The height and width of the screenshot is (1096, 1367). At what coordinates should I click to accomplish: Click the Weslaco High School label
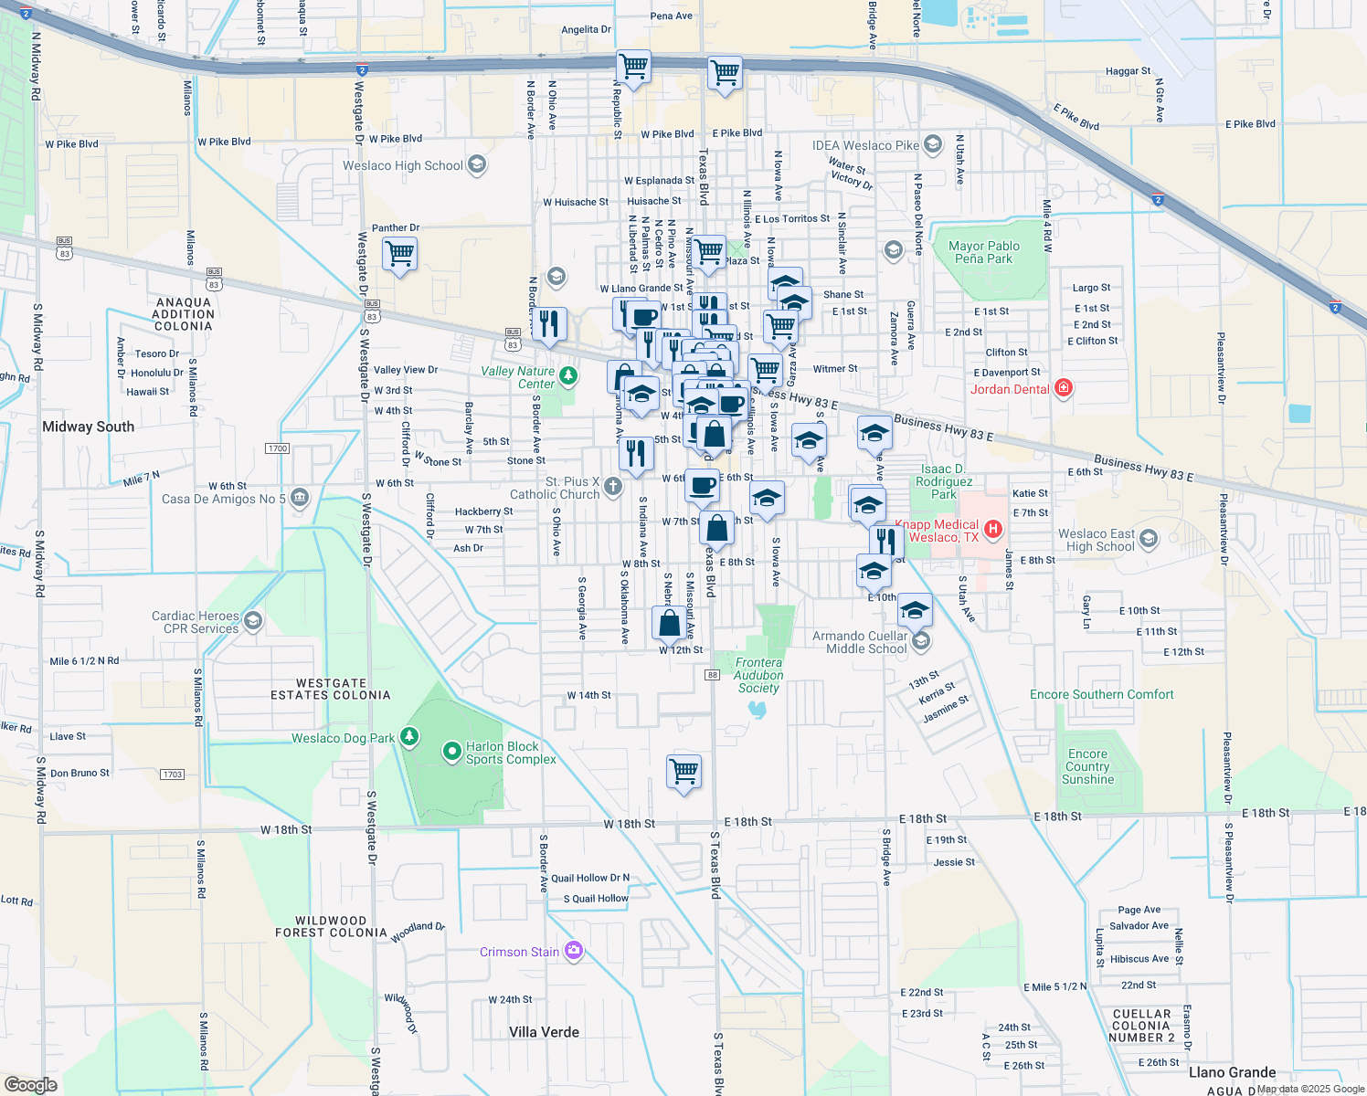(403, 165)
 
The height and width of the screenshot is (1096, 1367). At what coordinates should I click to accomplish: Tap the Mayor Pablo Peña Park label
(983, 252)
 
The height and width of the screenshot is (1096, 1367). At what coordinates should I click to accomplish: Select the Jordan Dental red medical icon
(1063, 388)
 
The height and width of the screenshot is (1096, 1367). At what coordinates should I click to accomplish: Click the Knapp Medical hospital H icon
(994, 529)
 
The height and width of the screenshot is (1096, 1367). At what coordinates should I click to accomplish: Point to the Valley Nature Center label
(518, 377)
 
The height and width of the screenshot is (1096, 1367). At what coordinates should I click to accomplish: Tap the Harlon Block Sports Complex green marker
(451, 752)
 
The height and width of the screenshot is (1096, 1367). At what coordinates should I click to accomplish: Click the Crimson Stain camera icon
(573, 951)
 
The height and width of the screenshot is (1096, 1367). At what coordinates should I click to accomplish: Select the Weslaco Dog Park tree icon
(409, 736)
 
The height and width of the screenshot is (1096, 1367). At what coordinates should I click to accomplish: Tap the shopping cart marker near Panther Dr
(399, 253)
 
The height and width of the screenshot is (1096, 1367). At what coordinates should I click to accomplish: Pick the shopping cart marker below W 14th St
(684, 771)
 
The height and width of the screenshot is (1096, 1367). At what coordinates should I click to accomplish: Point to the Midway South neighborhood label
(88, 427)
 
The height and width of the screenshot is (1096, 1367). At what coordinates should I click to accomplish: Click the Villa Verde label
(544, 1032)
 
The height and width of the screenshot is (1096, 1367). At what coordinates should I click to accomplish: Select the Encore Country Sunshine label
(1087, 767)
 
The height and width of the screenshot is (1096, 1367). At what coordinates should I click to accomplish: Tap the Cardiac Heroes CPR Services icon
(253, 622)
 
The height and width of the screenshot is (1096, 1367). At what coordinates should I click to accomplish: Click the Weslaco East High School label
(1096, 540)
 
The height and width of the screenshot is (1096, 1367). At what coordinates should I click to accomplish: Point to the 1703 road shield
(173, 775)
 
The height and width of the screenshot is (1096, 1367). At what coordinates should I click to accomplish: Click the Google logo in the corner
(30, 1084)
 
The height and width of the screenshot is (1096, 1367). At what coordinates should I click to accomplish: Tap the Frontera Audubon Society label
(758, 675)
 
